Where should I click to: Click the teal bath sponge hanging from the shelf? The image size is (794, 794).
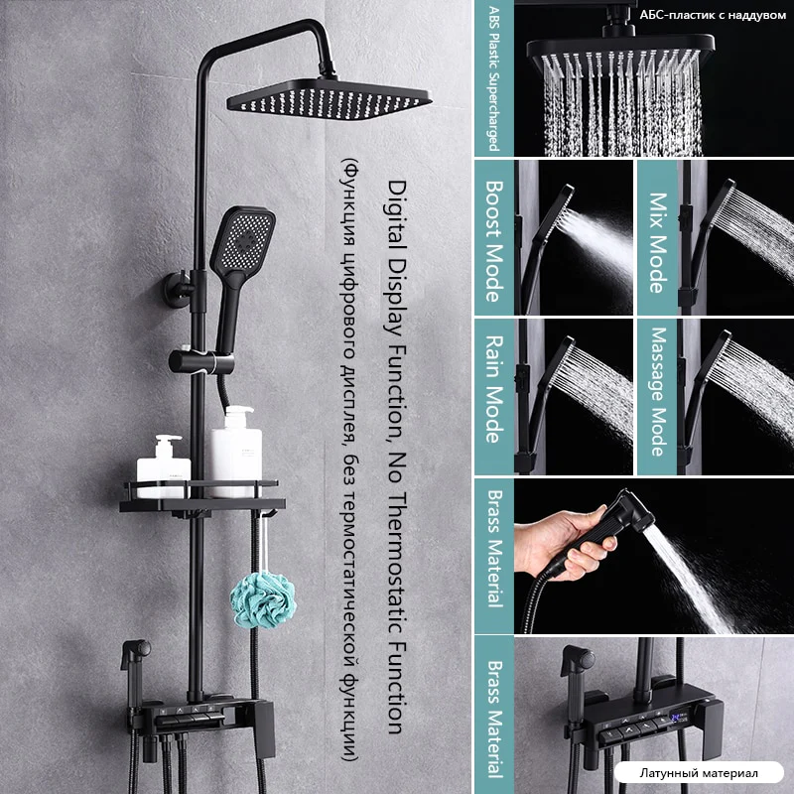click(263, 600)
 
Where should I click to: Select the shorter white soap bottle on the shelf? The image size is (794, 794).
click(163, 464)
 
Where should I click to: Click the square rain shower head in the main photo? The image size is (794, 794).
click(330, 98)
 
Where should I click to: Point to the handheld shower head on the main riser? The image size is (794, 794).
click(241, 263)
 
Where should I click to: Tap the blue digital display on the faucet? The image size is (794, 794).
click(678, 717)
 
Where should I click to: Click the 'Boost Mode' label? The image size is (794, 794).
click(494, 241)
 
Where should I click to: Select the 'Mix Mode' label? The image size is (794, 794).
click(657, 242)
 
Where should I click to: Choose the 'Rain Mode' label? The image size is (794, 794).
click(494, 389)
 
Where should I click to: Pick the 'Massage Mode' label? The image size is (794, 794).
click(658, 391)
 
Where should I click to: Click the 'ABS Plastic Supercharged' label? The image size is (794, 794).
click(493, 78)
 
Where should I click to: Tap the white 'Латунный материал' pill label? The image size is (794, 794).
click(699, 773)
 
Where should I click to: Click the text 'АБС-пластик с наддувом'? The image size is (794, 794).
click(713, 15)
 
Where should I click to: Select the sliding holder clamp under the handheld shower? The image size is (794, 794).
click(201, 361)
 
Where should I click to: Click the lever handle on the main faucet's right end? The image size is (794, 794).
click(264, 729)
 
